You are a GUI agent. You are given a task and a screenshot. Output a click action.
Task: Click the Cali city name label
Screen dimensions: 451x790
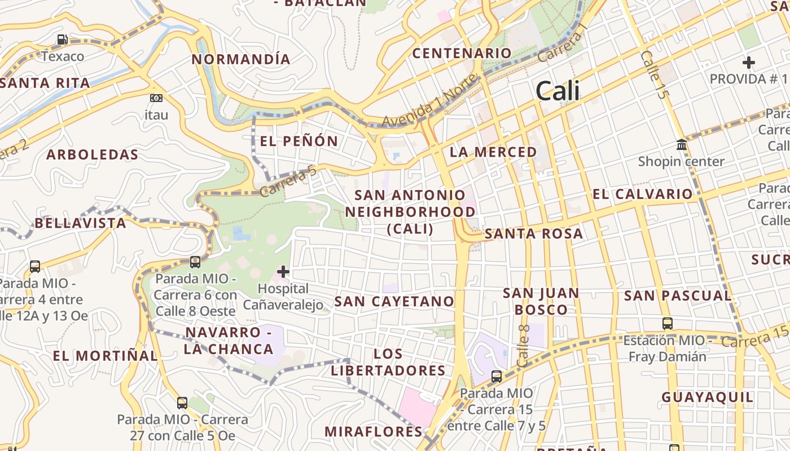[x=558, y=91]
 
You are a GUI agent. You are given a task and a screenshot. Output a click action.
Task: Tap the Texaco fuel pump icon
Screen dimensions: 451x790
[x=63, y=39]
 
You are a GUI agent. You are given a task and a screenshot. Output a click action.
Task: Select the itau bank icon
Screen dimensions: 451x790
[x=156, y=98]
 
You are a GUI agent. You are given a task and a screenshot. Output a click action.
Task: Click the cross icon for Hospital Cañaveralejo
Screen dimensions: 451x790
[x=283, y=272]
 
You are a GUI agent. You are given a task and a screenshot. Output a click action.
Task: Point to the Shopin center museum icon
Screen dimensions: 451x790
[x=681, y=145]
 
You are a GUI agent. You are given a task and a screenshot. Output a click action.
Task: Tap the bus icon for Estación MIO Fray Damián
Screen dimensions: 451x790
[x=668, y=324]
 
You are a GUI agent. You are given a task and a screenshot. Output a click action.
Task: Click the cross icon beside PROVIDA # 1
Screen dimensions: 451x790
[x=749, y=62]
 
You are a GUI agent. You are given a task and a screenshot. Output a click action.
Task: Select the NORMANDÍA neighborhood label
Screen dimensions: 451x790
[x=241, y=59]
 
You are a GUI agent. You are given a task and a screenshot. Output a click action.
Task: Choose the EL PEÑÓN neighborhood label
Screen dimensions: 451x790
[x=299, y=141]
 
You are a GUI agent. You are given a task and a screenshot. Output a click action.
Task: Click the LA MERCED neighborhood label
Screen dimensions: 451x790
[x=493, y=152]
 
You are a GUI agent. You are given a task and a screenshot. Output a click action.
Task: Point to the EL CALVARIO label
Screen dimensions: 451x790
[x=642, y=194]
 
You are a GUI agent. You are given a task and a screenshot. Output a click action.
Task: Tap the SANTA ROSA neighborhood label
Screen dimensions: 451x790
[x=533, y=233]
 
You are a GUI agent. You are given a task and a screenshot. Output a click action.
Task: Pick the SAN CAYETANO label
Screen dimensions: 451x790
[x=394, y=301]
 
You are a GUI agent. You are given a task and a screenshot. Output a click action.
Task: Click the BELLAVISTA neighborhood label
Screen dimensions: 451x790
[x=81, y=223]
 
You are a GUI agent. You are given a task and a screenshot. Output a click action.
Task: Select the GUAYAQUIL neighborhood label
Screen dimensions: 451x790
[x=707, y=397]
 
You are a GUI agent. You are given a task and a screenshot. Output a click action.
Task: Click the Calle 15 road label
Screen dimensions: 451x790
[x=654, y=74]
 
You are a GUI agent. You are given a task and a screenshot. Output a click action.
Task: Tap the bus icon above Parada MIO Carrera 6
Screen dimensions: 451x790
[x=195, y=262]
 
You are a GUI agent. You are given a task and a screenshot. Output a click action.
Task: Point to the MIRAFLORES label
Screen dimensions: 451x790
[x=373, y=432]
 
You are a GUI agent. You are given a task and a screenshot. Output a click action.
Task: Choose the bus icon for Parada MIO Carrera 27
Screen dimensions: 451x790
[x=182, y=403]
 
